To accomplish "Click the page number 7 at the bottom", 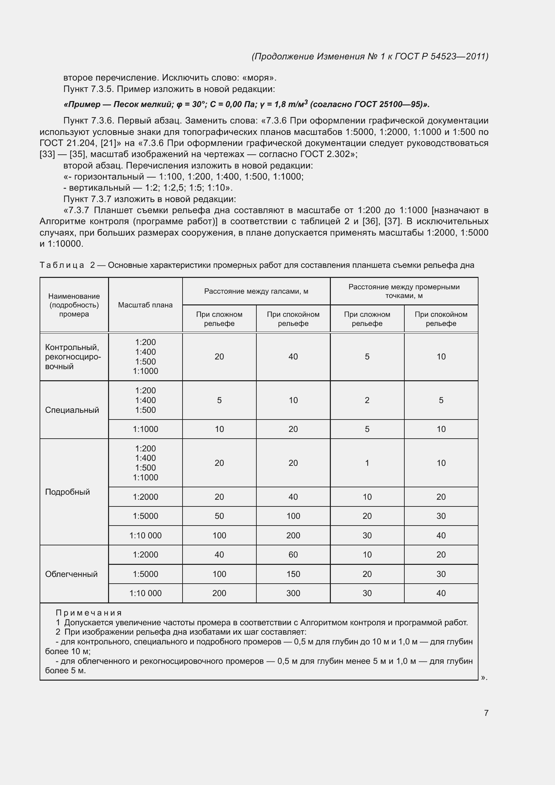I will (x=486, y=713).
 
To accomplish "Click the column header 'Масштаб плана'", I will (x=145, y=305).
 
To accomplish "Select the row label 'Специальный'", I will (x=72, y=410).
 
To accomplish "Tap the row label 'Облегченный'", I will (x=71, y=574).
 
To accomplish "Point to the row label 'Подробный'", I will (x=67, y=492).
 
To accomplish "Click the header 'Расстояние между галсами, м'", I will (x=256, y=291).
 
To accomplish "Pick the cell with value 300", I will (x=293, y=593).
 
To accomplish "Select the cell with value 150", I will (x=293, y=574).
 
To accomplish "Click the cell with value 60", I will (x=293, y=554).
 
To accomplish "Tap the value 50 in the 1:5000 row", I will (x=219, y=516).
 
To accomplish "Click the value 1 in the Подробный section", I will (x=367, y=463).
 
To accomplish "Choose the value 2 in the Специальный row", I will (x=367, y=400).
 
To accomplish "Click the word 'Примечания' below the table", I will (x=89, y=613).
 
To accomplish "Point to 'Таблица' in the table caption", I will (x=62, y=265).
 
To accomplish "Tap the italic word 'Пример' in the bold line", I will (x=82, y=105).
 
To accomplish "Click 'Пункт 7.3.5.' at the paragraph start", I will (x=89, y=89).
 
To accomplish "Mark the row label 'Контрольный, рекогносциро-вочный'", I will (x=73, y=357).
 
